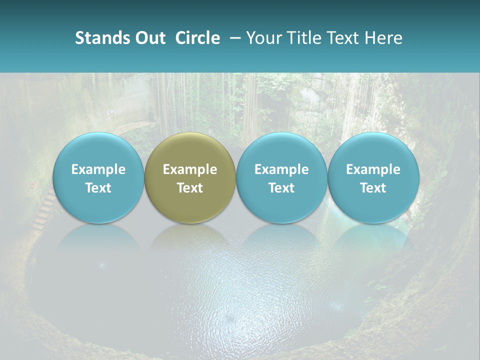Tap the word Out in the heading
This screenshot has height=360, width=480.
149,38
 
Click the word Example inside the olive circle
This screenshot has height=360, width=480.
190,169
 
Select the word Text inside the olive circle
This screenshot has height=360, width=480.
190,188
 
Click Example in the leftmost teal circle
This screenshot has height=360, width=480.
98,169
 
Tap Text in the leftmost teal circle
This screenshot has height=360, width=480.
98,188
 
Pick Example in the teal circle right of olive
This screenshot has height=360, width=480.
281,169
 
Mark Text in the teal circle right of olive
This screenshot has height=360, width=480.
281,188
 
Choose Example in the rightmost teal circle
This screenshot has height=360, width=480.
373,169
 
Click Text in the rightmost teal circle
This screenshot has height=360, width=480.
373,188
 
